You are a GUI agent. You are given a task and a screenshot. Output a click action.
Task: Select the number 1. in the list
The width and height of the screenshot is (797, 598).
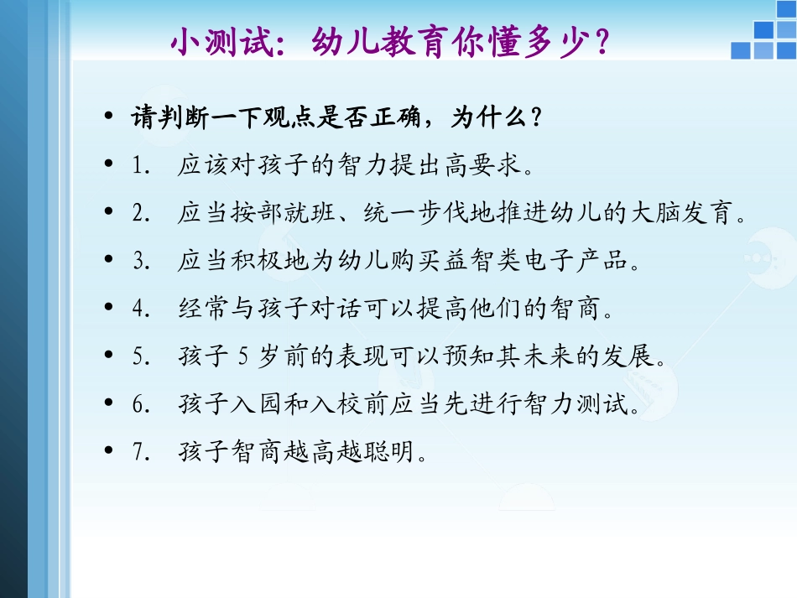tap(141, 165)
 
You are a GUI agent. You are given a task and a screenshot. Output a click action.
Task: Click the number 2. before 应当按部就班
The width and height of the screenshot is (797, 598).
tap(141, 213)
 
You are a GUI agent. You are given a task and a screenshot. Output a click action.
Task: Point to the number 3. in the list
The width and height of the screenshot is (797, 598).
tap(141, 261)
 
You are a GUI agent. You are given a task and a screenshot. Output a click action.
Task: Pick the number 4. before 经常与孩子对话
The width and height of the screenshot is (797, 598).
tap(141, 309)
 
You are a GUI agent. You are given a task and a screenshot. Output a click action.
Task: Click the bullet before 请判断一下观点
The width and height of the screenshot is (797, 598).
tap(109, 117)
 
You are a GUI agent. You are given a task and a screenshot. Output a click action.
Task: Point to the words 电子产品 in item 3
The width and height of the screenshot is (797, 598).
tap(576, 261)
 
